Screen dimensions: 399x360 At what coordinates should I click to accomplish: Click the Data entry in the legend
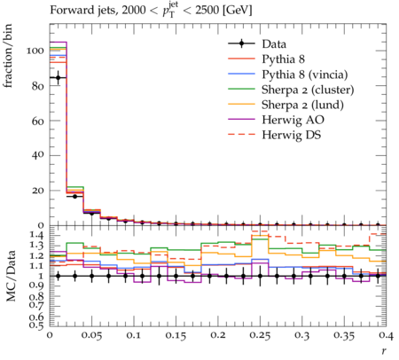click(274, 44)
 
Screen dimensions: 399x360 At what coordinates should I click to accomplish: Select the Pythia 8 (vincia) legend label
click(305, 74)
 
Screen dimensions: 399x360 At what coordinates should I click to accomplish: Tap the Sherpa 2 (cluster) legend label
click(308, 90)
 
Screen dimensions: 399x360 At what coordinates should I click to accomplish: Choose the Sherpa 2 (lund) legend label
click(302, 105)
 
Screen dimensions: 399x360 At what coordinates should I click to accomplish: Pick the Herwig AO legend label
click(293, 120)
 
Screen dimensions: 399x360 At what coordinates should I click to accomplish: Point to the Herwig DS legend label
click(292, 135)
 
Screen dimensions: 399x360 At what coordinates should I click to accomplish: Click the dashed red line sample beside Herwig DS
click(241, 135)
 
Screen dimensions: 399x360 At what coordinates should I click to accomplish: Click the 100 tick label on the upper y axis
click(35, 51)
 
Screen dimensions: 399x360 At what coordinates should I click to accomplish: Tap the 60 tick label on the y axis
click(37, 121)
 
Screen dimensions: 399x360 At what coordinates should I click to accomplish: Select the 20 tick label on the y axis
click(38, 191)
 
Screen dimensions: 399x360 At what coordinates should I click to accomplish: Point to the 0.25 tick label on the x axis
click(260, 336)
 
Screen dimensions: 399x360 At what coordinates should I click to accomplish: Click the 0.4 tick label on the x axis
click(386, 336)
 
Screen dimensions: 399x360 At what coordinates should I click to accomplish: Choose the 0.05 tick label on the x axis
click(91, 336)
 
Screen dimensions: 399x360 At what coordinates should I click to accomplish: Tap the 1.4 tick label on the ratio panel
click(37, 235)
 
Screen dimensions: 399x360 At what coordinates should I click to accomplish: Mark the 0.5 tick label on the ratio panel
click(37, 325)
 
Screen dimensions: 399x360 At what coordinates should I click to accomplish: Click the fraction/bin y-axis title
click(7, 56)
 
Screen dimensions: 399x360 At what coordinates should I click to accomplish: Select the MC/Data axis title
click(11, 276)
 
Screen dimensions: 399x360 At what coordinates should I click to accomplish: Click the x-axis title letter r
click(384, 351)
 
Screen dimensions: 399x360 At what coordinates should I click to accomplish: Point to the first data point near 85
click(59, 78)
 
